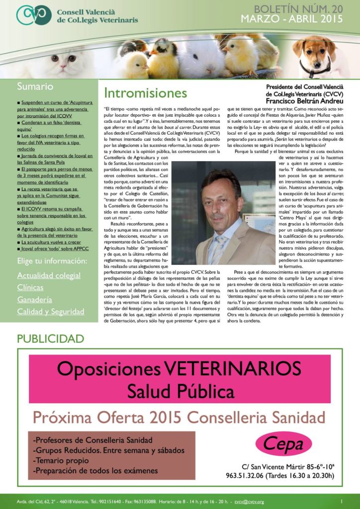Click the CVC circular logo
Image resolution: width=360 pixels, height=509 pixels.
click(x=33, y=15)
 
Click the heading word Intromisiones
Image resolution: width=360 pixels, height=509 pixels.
click(x=146, y=93)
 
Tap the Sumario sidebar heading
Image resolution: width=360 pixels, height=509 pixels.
click(x=35, y=86)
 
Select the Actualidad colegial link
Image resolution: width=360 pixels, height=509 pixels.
click(x=49, y=275)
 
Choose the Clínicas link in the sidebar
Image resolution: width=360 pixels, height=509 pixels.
click(x=30, y=287)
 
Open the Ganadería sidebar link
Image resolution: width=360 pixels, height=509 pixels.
click(x=34, y=300)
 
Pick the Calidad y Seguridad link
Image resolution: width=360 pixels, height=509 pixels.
click(x=51, y=312)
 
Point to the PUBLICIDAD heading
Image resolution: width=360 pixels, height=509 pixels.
click(x=51, y=339)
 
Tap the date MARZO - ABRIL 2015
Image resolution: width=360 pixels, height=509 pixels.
click(x=292, y=19)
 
